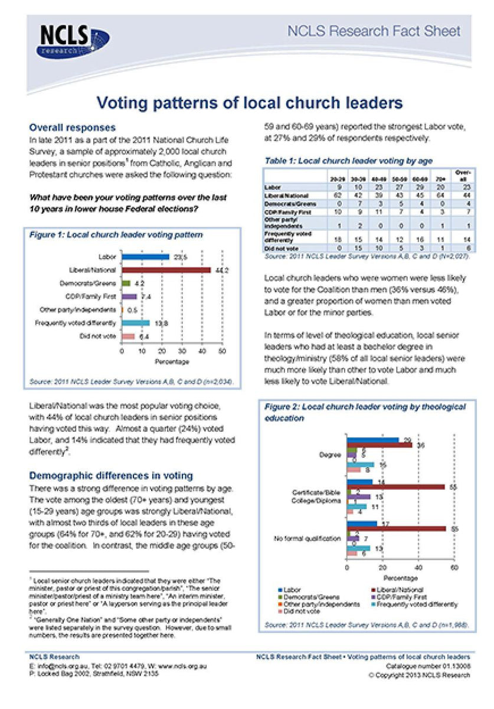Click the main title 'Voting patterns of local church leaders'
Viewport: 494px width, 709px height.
(x=250, y=103)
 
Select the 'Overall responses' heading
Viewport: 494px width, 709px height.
(x=72, y=128)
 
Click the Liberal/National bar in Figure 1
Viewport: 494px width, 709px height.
(x=166, y=270)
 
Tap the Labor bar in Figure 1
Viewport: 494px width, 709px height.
(x=145, y=257)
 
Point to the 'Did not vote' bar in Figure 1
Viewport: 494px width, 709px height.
(x=128, y=336)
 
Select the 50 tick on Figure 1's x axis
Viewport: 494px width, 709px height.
(x=222, y=351)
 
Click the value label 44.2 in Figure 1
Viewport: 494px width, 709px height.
(x=219, y=270)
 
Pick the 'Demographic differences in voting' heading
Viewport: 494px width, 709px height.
(x=111, y=476)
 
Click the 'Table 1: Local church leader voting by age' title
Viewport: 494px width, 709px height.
(x=348, y=161)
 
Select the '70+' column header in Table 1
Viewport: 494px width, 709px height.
(x=435, y=179)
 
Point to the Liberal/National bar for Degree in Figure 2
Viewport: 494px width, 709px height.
(x=380, y=445)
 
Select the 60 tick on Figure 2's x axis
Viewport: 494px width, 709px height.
(x=454, y=567)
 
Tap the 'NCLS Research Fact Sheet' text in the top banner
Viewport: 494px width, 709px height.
(x=374, y=31)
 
